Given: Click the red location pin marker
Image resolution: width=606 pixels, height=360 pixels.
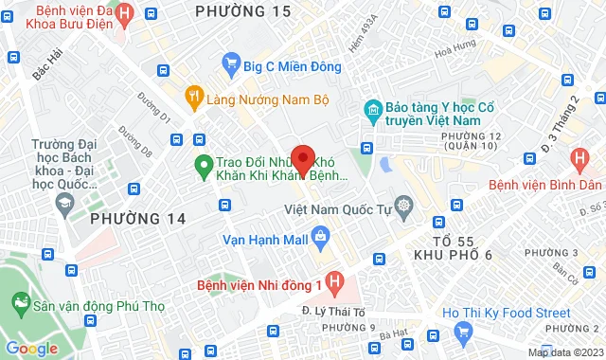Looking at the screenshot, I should [303, 157].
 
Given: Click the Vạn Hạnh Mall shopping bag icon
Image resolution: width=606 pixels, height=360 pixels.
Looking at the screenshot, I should [320, 235].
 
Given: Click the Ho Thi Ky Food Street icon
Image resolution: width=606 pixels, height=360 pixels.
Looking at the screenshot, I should [464, 331].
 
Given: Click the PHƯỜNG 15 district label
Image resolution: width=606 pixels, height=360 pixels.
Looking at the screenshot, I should [241, 11].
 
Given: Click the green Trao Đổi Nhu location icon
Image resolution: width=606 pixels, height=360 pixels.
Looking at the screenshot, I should [202, 168].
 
